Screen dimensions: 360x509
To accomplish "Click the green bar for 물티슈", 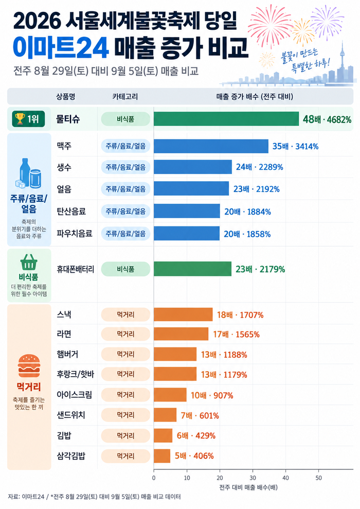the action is (226, 119).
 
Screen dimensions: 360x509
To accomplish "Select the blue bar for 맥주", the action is (211, 146).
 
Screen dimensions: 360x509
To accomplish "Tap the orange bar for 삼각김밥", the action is (162, 456).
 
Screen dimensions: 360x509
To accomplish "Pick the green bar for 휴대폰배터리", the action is (193, 269).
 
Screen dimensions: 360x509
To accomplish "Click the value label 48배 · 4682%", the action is (327, 119).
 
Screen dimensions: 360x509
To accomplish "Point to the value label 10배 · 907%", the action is (212, 395).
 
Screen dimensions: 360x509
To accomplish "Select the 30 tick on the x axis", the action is (253, 478).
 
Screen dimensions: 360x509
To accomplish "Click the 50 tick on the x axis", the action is (318, 478).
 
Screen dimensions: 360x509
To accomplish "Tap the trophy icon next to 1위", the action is (20, 119).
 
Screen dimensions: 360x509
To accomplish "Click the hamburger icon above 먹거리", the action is (29, 366).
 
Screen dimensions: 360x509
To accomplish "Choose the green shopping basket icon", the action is (29, 262).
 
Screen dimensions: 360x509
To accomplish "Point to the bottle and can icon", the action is (28, 173).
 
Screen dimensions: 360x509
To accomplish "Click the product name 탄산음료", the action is (71, 212).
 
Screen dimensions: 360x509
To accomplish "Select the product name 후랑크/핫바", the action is (75, 374).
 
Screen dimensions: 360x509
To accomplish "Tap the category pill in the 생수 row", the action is (125, 167).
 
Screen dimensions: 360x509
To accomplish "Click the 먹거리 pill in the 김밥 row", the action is (125, 435).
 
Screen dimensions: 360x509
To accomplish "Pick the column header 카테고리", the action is (125, 96).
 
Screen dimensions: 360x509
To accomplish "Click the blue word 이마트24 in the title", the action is (61, 47).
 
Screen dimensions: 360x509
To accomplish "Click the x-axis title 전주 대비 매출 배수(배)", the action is (248, 487).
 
